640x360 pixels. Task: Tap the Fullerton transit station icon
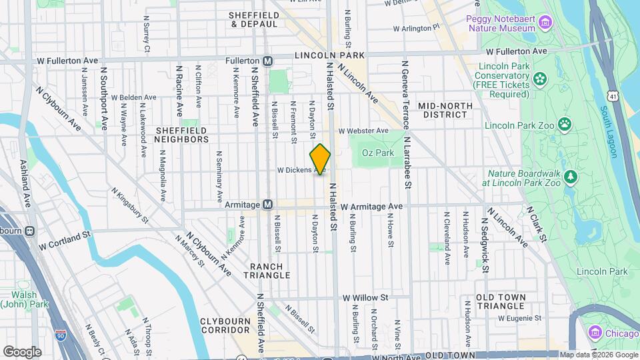click(x=267, y=60)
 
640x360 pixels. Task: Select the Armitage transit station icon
click(x=267, y=204)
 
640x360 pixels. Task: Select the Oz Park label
click(x=374, y=153)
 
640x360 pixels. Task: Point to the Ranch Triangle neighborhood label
click(x=270, y=270)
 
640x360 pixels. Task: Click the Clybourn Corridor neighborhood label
click(x=225, y=325)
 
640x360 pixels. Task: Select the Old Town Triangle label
click(x=501, y=301)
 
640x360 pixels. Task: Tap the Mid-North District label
click(x=445, y=110)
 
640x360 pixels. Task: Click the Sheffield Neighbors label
click(x=181, y=135)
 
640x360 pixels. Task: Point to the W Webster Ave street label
click(x=363, y=131)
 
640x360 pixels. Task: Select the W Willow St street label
click(x=365, y=297)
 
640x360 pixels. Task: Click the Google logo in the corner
click(x=22, y=351)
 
